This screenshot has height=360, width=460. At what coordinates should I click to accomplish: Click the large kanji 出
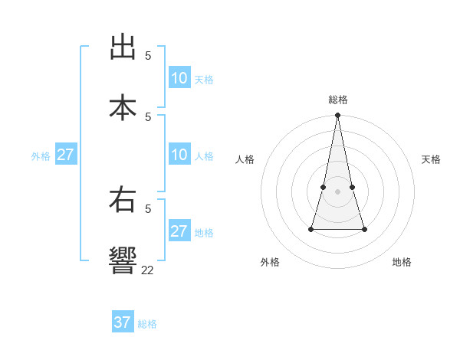point(123,47)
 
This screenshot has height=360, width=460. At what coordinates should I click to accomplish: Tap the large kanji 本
point(123,106)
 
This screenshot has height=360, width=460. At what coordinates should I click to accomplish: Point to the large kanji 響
point(123,260)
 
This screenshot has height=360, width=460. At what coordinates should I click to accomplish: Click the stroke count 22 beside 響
point(147,270)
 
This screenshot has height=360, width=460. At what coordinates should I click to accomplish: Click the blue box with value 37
point(123,322)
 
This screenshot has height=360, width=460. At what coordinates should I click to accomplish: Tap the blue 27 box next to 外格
point(65,155)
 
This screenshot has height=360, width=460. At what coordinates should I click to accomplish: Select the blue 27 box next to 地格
point(179,231)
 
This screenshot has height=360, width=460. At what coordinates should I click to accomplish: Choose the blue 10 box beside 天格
point(179,78)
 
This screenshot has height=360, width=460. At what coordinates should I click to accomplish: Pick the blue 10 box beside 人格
point(179,155)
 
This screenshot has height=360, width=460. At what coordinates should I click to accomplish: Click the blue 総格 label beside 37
point(147,324)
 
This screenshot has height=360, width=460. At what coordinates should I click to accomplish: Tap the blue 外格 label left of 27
point(41,156)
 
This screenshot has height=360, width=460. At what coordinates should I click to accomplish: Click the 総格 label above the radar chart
point(338,100)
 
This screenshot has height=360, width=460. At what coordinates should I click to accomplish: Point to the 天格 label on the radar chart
point(432,159)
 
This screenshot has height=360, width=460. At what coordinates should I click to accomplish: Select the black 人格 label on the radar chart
point(245,159)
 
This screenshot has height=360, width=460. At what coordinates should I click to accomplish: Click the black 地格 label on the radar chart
point(402,262)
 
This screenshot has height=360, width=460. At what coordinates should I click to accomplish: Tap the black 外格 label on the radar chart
point(270,262)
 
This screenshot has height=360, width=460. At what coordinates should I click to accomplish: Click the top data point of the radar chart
point(337,115)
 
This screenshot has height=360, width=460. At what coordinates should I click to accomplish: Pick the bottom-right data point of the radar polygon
point(364,229)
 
